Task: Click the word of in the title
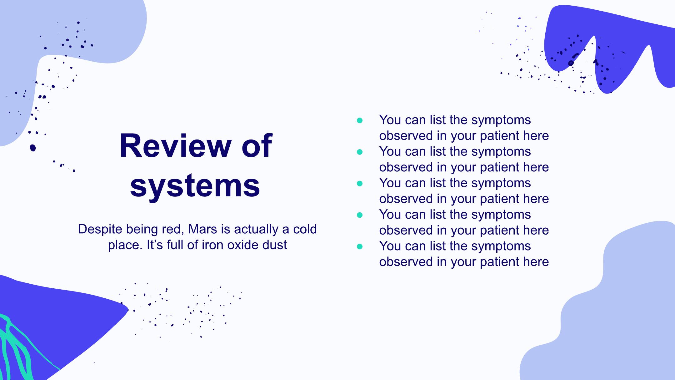tap(257, 146)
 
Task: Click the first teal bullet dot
tap(360, 120)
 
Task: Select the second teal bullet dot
tap(360, 152)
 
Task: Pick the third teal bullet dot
tap(360, 184)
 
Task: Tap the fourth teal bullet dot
tap(360, 215)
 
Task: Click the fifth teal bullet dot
tap(360, 246)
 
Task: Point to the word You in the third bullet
tap(390, 183)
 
